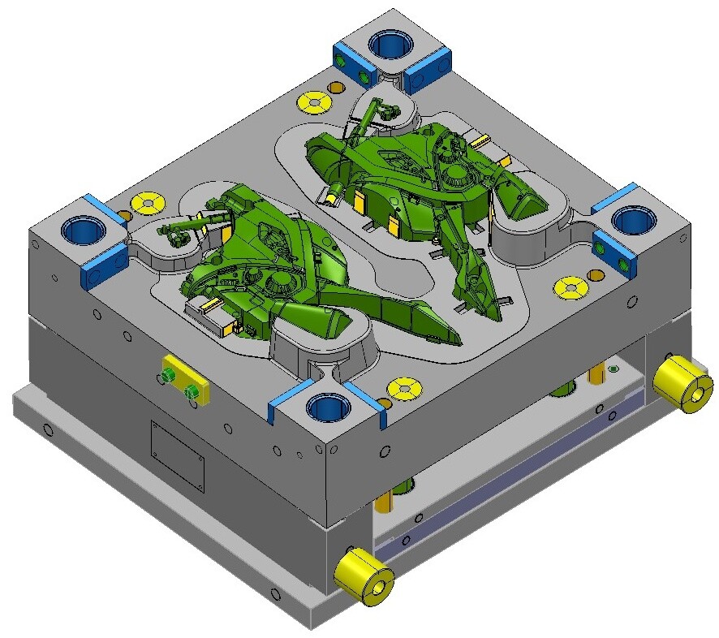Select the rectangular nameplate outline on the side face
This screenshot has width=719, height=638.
178,455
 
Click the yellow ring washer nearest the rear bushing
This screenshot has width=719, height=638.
313,102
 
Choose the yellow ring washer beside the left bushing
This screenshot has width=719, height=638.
147,201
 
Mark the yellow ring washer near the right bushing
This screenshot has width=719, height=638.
571,287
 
